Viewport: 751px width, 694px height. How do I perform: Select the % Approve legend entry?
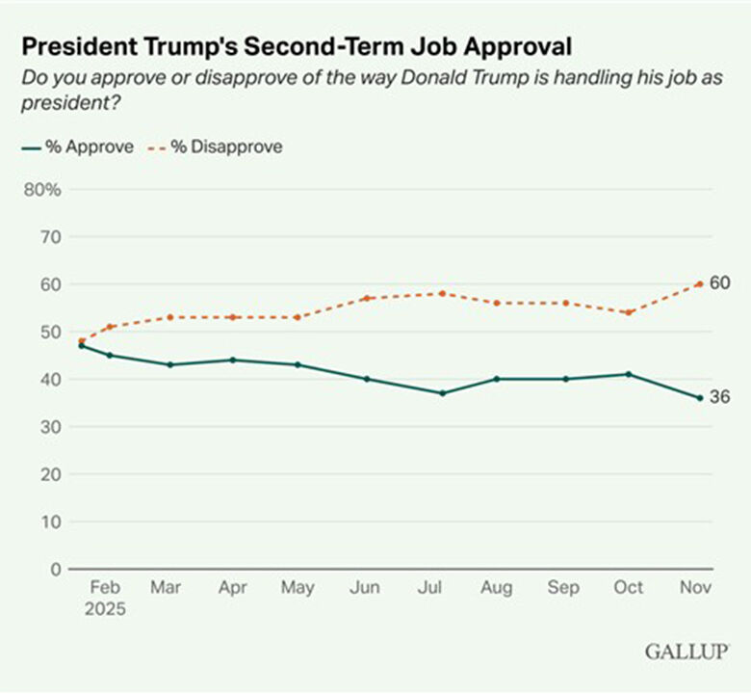click(x=77, y=147)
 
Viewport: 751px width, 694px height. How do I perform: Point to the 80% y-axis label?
click(x=42, y=189)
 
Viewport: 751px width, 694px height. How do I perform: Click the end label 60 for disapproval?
click(x=721, y=282)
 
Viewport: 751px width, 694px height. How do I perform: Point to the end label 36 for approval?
click(x=721, y=397)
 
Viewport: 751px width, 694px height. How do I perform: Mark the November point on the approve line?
click(x=700, y=397)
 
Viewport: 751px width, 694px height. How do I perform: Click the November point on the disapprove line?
click(x=700, y=283)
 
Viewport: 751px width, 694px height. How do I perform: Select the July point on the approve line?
click(x=442, y=393)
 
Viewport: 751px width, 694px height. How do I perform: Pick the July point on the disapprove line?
click(x=442, y=293)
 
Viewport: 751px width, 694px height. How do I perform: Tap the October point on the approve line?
click(x=629, y=374)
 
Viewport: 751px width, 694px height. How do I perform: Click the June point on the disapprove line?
click(x=367, y=298)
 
